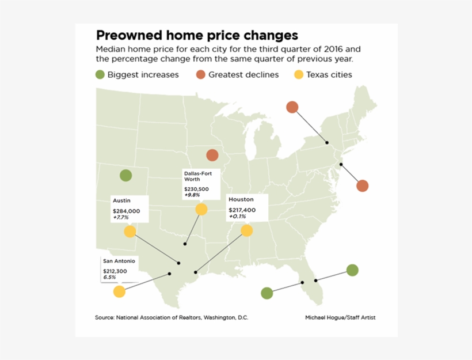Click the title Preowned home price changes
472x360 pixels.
point(197,35)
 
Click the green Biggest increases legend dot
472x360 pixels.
point(100,74)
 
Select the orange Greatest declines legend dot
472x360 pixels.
point(201,74)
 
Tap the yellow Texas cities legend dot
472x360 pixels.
point(299,74)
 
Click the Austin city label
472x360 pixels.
point(121,200)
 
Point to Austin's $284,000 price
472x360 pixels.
point(126,211)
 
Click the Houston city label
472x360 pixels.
point(241,199)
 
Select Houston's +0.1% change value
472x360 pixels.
point(237,217)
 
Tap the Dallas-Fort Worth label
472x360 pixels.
point(197,176)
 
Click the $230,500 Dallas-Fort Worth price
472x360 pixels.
point(196,189)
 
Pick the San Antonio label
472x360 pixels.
point(119,261)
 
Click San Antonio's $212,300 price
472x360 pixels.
point(115,271)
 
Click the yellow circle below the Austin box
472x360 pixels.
point(130,232)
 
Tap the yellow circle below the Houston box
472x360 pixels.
point(247,230)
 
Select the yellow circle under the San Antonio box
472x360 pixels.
point(119,291)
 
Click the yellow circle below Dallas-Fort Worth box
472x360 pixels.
point(201,209)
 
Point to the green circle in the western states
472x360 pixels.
point(125,175)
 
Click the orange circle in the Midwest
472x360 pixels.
point(212,155)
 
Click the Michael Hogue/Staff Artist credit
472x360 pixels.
point(340,317)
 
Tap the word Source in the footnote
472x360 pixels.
point(104,317)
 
